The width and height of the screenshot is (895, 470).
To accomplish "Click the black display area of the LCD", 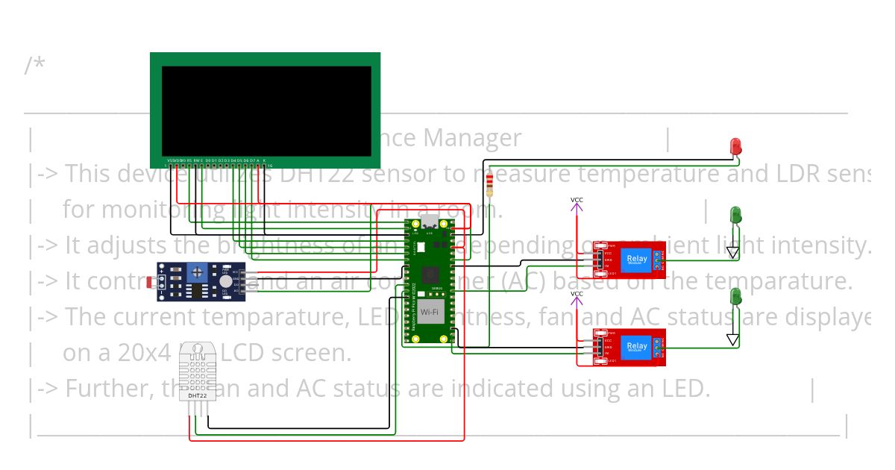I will coord(266,110).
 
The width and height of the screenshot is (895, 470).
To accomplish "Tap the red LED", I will coord(735,145).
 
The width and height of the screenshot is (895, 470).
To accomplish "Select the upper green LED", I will coord(735,216).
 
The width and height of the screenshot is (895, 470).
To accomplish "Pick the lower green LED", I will coord(735,296).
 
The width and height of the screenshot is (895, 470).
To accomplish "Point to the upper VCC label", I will coord(577,200).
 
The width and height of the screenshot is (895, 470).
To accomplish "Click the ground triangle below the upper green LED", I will coord(733,254).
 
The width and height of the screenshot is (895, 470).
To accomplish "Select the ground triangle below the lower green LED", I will coord(733,340).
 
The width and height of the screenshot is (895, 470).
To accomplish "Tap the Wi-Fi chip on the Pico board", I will coord(430,311).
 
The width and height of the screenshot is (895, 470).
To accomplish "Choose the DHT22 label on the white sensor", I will coord(198,385).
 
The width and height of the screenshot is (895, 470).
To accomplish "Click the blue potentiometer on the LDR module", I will coord(198,274).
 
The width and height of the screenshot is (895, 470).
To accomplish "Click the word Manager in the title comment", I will coord(473,138).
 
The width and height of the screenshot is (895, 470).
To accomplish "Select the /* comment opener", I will coord(34,66).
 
